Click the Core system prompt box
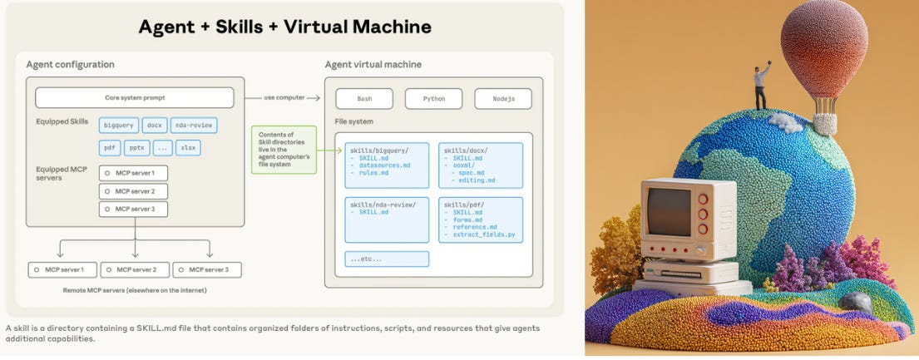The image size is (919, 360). coord(134,97)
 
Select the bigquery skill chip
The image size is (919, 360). coord(119,126)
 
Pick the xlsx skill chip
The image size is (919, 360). coord(189,148)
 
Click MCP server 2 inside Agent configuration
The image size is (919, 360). coord(133,191)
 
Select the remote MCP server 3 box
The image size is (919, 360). coord(207,269)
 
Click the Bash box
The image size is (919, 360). coord(364,98)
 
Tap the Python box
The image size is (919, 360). coord(433,98)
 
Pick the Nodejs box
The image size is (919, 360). coord(502,98)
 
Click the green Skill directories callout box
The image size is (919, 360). coord(284,150)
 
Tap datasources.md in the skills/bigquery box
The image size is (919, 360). coord(384,165)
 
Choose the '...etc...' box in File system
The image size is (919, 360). coord(387,259)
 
